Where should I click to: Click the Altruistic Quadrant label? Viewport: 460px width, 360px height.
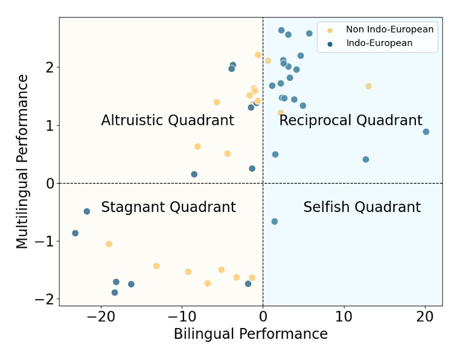[167, 120]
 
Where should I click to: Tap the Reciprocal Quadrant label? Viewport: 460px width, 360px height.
[351, 120]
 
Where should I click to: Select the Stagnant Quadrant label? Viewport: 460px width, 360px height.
[168, 207]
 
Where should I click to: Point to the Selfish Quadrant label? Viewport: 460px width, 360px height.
[362, 207]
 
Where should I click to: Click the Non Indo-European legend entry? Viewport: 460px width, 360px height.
[389, 30]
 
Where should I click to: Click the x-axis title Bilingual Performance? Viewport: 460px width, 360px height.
[251, 334]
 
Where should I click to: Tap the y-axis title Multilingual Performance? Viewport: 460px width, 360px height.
[22, 161]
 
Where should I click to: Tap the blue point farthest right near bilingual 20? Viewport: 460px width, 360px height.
[426, 132]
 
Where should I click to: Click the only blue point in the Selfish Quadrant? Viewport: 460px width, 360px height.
[275, 222]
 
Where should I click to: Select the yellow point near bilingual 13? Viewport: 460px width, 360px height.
[368, 86]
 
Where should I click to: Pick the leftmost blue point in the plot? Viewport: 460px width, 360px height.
[75, 233]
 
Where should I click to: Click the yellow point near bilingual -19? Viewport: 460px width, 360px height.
[109, 244]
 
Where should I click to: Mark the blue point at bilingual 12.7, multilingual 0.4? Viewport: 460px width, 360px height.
[366, 159]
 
